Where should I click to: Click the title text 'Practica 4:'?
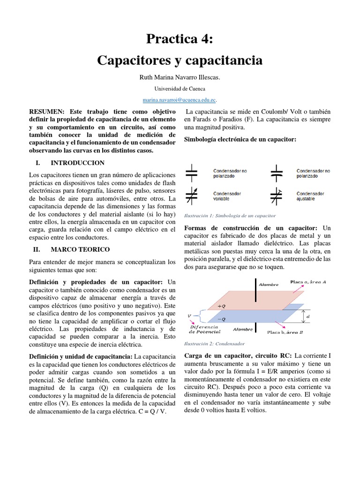(x=180, y=39)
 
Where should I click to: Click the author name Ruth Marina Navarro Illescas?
(x=180, y=77)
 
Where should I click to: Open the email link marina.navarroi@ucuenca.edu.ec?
(x=179, y=100)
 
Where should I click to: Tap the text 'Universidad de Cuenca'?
(x=180, y=89)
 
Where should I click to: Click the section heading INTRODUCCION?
(x=77, y=163)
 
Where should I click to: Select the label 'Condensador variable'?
(x=227, y=196)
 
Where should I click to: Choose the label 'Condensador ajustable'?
(x=310, y=196)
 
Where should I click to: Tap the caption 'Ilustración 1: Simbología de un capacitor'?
(x=230, y=216)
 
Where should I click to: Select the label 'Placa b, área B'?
(x=285, y=332)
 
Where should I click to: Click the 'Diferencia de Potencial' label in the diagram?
(x=202, y=329)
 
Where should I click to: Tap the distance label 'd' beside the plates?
(x=307, y=316)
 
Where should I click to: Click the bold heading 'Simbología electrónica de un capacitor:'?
(x=240, y=139)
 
